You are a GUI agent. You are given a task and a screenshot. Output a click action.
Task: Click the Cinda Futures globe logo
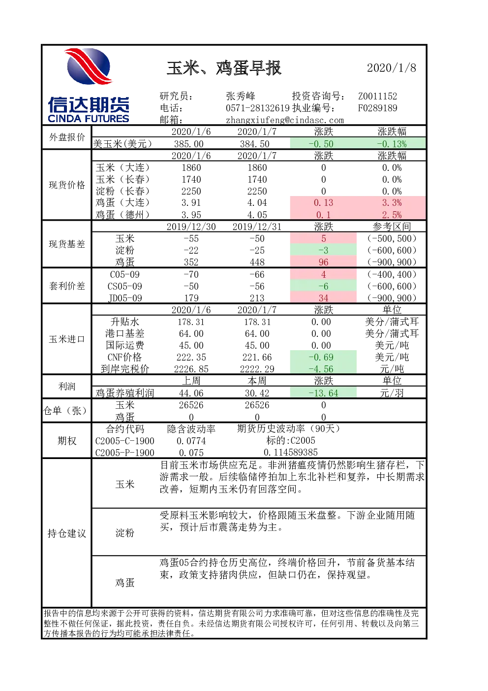89,66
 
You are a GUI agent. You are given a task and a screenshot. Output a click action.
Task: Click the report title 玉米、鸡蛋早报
224,68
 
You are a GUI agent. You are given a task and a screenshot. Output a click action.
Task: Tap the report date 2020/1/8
391,68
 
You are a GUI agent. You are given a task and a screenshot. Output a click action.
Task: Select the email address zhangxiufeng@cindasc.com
285,120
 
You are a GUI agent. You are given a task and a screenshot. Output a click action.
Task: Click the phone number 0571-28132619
258,108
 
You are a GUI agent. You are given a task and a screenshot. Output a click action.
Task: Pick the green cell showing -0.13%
391,144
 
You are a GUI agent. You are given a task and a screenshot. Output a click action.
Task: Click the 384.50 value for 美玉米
257,144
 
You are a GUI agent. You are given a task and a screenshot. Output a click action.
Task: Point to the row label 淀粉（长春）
122,191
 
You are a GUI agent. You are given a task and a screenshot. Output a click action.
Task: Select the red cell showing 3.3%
391,203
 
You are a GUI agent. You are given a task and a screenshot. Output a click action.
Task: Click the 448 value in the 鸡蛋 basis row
257,262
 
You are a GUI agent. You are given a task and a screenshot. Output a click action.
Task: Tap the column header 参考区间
391,227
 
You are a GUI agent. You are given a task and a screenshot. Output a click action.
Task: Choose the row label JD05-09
125,298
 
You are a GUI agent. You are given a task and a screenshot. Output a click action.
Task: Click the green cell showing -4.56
323,369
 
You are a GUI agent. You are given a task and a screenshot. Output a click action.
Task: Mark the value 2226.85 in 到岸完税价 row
191,369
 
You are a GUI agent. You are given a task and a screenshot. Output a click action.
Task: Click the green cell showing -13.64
323,393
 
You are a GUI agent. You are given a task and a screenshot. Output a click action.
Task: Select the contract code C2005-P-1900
125,453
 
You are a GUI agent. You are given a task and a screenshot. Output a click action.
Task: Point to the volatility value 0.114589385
291,452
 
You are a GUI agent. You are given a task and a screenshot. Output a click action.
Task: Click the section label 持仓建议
66,533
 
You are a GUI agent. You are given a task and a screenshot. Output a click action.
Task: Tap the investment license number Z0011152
377,96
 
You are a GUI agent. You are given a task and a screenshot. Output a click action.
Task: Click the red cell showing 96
323,262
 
